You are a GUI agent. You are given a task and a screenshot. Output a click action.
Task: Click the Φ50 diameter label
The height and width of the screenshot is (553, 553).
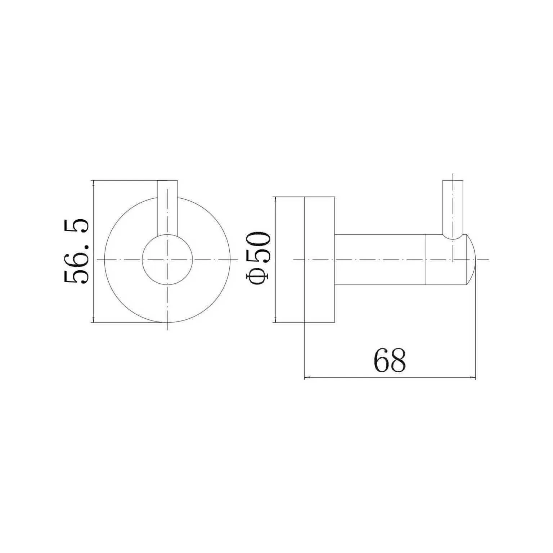258,258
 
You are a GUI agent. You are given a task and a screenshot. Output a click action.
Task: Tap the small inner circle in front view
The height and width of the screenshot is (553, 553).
167,259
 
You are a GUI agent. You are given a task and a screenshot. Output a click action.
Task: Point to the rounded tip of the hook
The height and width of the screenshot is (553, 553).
472,259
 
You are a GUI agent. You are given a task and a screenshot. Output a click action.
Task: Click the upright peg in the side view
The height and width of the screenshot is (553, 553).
453,209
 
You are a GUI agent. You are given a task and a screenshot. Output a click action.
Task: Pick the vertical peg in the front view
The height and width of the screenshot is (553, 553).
167,207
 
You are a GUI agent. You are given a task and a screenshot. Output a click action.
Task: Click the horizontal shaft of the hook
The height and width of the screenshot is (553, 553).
380,259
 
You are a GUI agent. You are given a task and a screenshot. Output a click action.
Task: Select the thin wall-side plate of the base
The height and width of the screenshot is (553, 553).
290,259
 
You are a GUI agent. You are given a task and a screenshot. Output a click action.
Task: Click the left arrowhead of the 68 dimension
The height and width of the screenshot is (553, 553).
307,378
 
